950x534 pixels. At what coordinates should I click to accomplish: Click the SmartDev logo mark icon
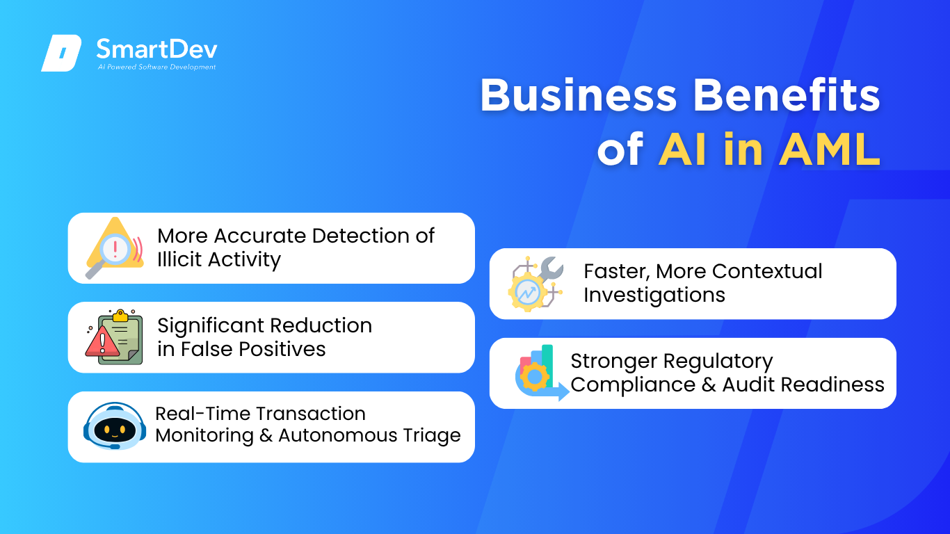point(61,53)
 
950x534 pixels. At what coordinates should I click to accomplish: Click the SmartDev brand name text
point(157,49)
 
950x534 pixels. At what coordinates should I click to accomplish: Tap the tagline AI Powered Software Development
point(156,67)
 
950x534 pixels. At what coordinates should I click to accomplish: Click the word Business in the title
point(579,95)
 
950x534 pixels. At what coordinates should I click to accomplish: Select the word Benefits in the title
point(787,95)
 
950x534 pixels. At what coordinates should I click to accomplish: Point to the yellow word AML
point(830,149)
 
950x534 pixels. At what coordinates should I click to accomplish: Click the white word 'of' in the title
point(620,149)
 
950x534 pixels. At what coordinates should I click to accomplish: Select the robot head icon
point(115,426)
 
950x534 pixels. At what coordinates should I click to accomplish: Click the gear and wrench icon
point(536,284)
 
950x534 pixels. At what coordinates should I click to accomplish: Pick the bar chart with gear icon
point(542,373)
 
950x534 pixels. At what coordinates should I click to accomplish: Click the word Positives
point(282,349)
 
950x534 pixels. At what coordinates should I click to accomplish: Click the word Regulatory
point(718,362)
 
